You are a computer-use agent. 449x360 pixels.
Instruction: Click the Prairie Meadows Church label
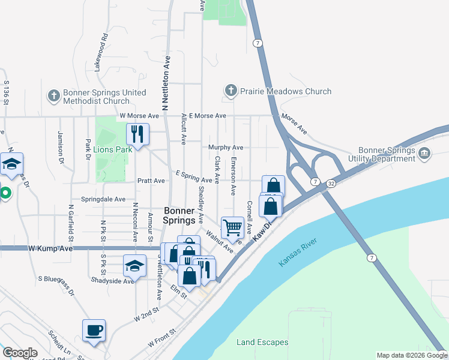point(285,92)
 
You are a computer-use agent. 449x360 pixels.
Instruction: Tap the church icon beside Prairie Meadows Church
point(231,91)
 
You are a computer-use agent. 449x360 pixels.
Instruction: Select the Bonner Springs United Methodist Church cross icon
point(53,94)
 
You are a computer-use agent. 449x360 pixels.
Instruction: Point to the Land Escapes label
point(262,342)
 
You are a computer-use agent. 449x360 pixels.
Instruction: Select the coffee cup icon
point(94,330)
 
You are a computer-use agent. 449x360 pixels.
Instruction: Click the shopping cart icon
point(232,227)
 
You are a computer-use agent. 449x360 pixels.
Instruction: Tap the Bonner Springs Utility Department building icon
point(424,154)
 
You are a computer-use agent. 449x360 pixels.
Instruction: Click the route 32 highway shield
point(331,185)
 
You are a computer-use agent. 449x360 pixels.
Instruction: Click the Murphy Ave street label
point(226,147)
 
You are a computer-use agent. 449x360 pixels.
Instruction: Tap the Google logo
point(20,353)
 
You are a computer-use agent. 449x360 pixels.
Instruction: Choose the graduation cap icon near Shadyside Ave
point(134,265)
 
